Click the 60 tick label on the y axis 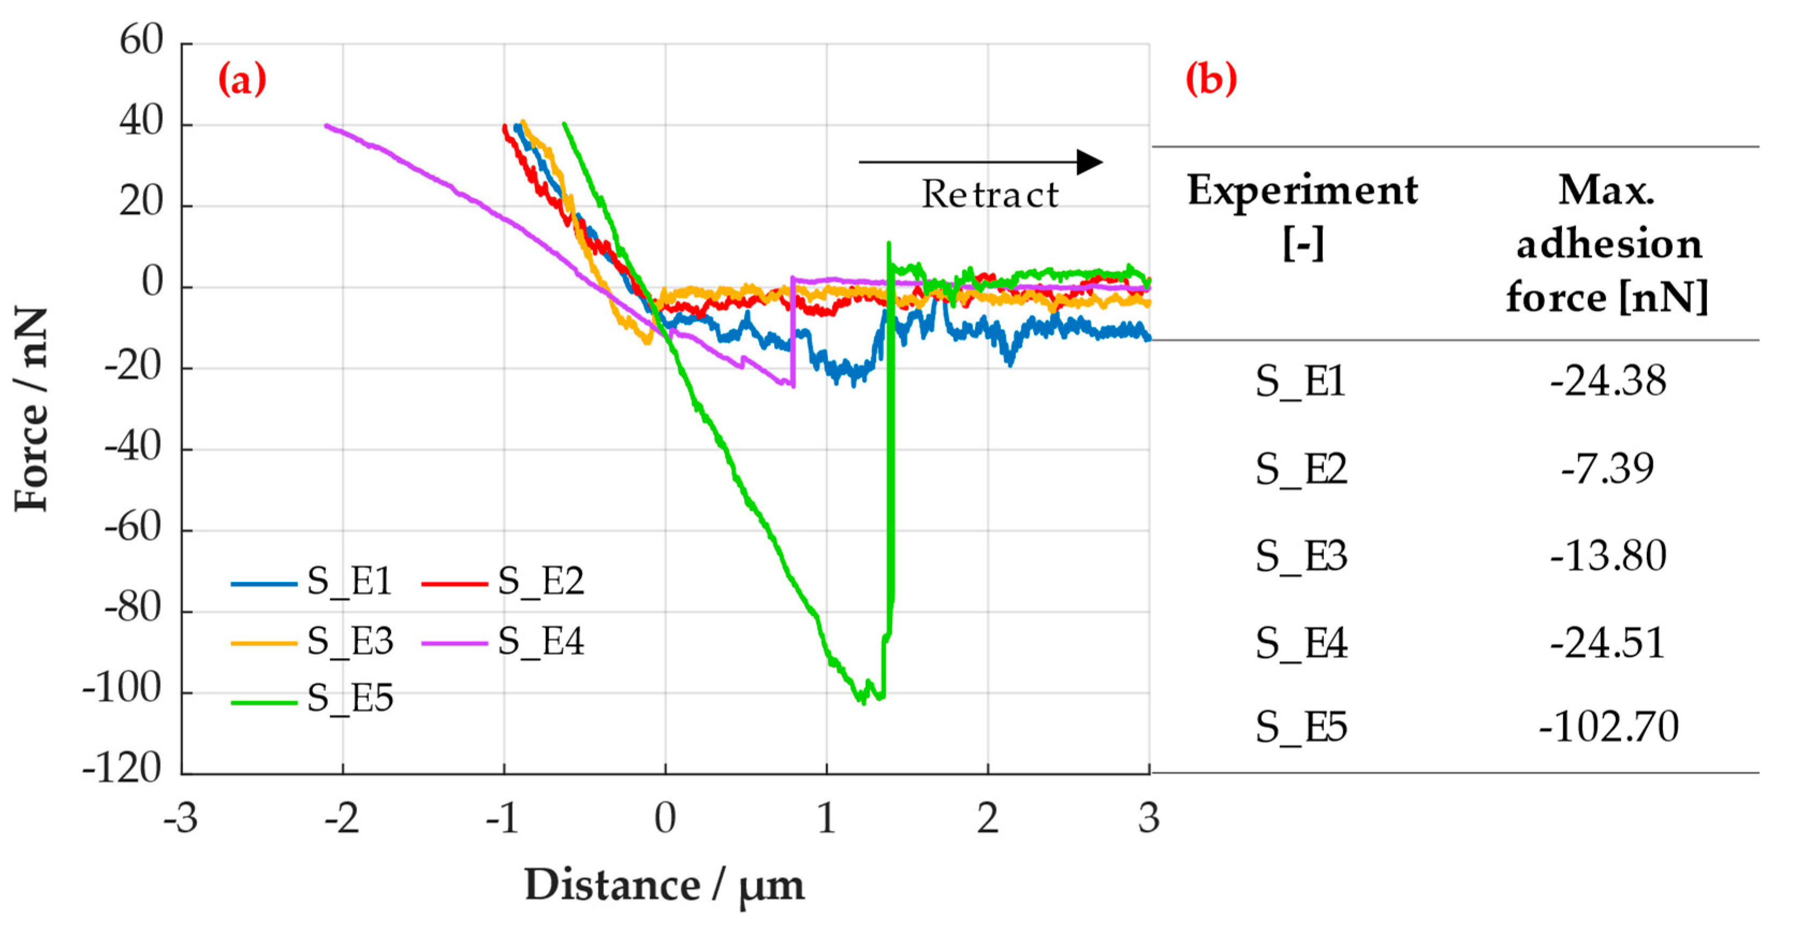coord(141,41)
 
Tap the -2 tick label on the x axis coord(342,818)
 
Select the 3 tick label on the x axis coord(1149,818)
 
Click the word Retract coord(990,195)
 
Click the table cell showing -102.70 coord(1608,727)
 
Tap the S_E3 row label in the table coord(1300,557)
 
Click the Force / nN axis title coord(32,409)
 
